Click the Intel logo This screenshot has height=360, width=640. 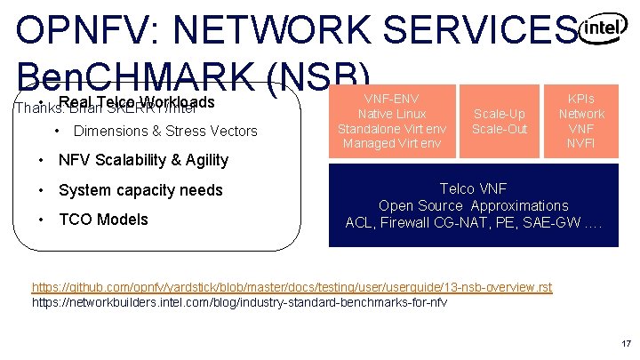[602, 29]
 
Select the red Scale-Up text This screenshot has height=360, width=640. [500, 114]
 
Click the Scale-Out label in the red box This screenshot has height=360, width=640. [500, 129]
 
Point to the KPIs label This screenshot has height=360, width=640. [581, 99]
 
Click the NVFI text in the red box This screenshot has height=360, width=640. [581, 144]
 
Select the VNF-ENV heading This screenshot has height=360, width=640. [391, 99]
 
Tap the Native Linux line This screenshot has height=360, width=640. [391, 114]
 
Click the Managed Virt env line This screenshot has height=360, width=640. [391, 144]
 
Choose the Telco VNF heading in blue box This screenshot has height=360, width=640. [473, 188]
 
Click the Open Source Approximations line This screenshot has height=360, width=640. [473, 205]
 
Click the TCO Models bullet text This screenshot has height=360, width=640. [103, 220]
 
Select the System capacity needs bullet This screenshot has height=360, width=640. [140, 190]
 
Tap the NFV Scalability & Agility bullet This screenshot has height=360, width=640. [143, 161]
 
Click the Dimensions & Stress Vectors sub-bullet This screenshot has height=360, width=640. [165, 132]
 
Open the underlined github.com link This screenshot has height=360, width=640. [292, 287]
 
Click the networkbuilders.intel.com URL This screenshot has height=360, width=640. [239, 302]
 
